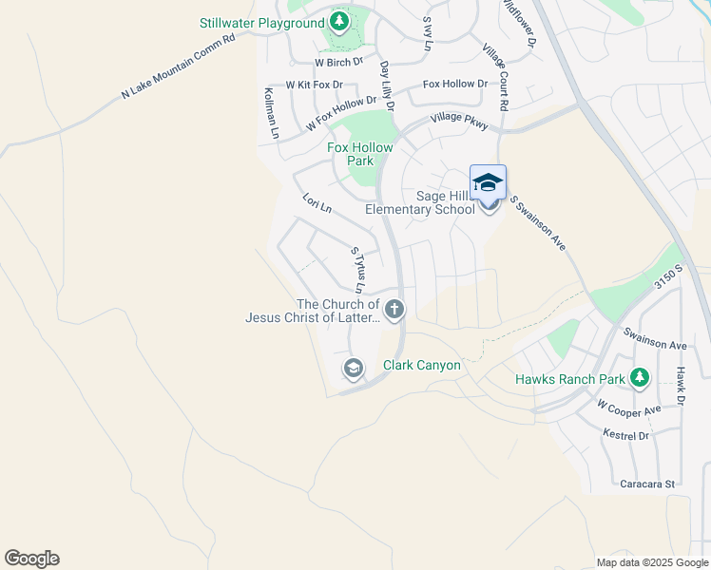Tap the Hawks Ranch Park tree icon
point(640,378)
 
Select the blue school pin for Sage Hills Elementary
point(488,182)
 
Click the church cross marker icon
point(394,309)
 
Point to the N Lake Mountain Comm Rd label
point(178,67)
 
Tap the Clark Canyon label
point(421,365)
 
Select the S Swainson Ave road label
point(538,223)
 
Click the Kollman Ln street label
point(271,113)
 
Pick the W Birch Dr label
point(338,62)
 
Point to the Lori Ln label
point(317,202)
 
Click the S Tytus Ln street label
point(357,270)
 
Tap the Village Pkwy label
point(459,120)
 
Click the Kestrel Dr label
point(625,435)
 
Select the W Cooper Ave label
point(628,409)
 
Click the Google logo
point(31,559)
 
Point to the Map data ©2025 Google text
point(651,562)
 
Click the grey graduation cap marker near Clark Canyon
point(354,368)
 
